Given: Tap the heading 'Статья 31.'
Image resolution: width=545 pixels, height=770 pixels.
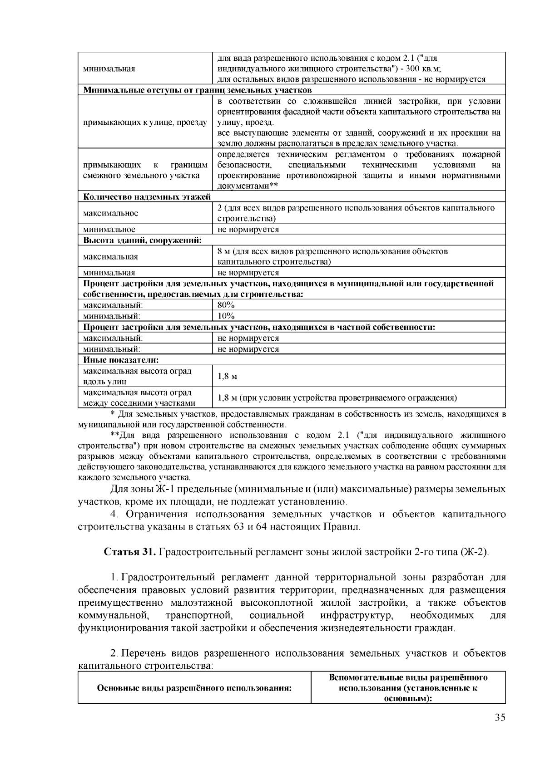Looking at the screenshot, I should [130, 552].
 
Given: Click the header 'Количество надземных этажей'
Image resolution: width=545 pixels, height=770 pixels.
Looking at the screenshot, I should [147, 197].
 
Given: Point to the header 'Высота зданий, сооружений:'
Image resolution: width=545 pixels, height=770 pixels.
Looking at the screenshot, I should [142, 240].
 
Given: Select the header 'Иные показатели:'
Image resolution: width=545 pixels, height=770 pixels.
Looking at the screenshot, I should [121, 360].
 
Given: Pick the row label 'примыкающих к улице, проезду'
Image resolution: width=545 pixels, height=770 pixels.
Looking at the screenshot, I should [145, 123].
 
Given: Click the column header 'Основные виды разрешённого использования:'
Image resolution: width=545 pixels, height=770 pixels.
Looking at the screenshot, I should [194, 688].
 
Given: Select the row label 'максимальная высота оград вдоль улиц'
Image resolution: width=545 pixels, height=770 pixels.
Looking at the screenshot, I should [137, 376].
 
